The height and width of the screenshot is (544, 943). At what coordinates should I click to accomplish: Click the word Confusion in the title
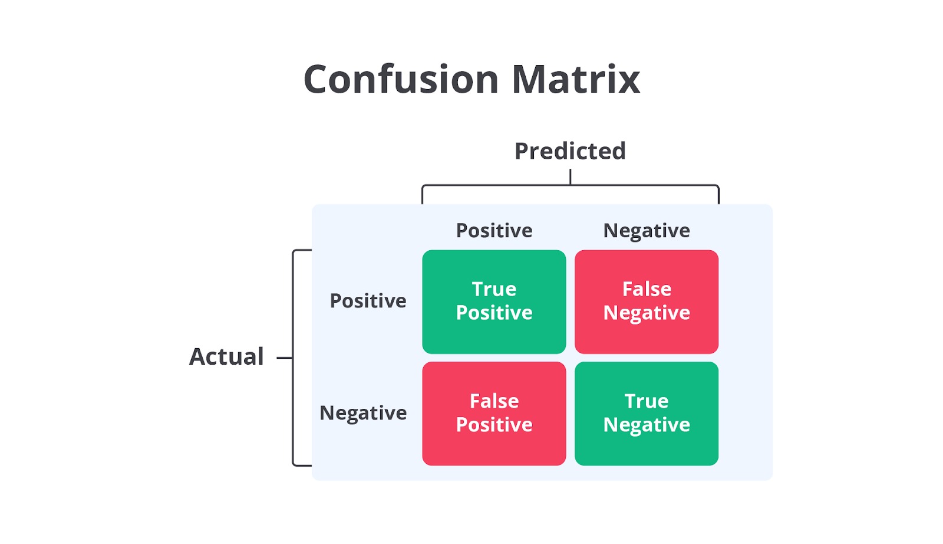click(401, 79)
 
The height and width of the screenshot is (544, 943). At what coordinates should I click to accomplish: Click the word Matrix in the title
click(576, 79)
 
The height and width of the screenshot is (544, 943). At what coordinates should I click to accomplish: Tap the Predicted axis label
click(570, 151)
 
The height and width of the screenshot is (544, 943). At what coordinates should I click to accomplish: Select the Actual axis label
click(226, 356)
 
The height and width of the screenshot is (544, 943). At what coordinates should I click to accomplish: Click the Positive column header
click(494, 231)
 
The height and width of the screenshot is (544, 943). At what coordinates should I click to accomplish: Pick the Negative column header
click(647, 231)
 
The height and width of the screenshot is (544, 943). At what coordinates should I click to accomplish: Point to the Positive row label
click(368, 301)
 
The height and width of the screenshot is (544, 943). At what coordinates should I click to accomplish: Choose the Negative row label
click(363, 413)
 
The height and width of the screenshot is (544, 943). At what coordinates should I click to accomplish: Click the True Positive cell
click(494, 302)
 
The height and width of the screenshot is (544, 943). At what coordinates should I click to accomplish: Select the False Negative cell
click(647, 302)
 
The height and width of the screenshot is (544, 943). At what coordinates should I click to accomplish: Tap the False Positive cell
click(494, 414)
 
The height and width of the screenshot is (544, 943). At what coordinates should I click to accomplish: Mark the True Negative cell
click(647, 414)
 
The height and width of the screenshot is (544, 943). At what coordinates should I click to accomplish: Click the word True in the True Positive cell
click(494, 289)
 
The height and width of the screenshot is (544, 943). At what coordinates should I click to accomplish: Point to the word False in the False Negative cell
click(647, 289)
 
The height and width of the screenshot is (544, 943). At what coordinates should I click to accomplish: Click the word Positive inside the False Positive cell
click(494, 425)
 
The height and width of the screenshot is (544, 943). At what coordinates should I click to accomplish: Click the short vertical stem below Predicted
click(571, 177)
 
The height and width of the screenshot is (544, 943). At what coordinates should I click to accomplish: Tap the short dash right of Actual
click(285, 358)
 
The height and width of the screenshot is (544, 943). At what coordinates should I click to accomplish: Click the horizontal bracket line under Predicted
click(571, 185)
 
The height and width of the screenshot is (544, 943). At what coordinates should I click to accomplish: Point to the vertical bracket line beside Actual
click(293, 358)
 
